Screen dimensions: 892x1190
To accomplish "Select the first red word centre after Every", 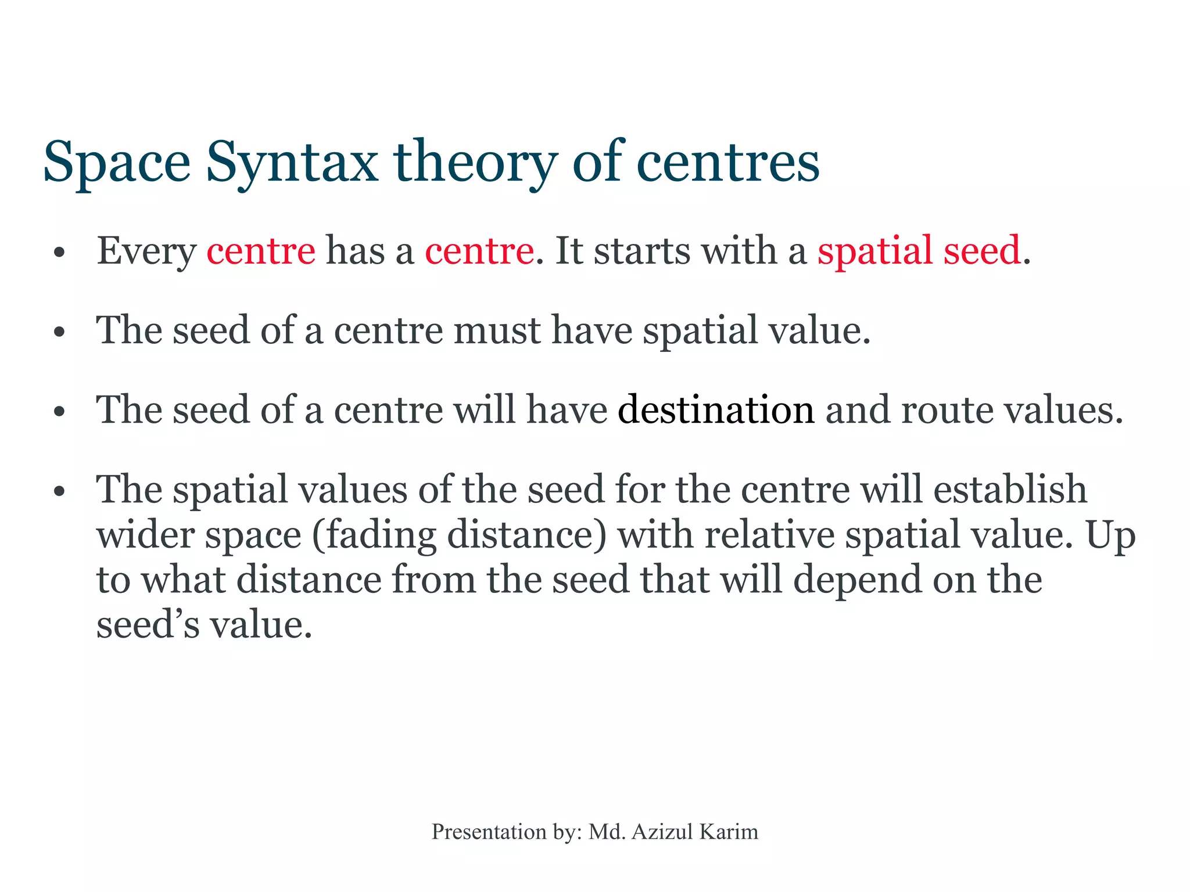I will [261, 251].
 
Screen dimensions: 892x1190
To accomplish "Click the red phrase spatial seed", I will [919, 251].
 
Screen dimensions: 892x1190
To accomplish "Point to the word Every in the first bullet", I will [146, 252].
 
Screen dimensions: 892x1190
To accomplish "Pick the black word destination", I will [716, 410].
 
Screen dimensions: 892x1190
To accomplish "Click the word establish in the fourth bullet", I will [1010, 489].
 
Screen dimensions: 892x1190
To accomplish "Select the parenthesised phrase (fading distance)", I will [459, 535].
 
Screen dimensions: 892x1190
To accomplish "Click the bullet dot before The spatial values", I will [59, 492].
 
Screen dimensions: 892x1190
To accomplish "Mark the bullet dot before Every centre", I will [59, 253].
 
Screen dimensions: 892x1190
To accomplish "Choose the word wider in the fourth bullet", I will [145, 535].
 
